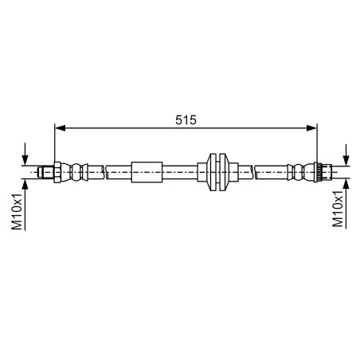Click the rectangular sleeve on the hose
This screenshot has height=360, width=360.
[147, 171]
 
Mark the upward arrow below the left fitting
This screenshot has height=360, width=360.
[26, 187]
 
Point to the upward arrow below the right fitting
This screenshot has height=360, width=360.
[346, 187]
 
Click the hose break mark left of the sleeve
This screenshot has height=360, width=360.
[104, 171]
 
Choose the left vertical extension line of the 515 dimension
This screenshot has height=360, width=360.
[54, 143]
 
